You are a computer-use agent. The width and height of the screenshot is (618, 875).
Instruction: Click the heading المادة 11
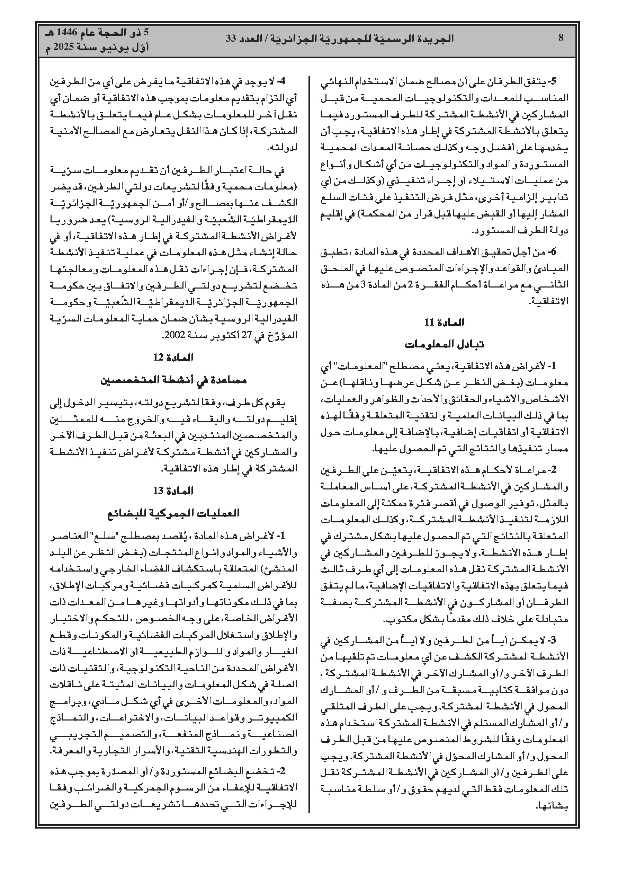(x=444, y=322)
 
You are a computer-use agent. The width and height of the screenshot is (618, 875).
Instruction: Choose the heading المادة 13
(x=173, y=490)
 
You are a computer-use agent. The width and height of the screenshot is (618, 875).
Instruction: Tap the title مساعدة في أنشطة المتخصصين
(x=173, y=380)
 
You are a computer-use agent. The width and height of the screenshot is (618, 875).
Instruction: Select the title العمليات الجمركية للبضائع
(x=173, y=513)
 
